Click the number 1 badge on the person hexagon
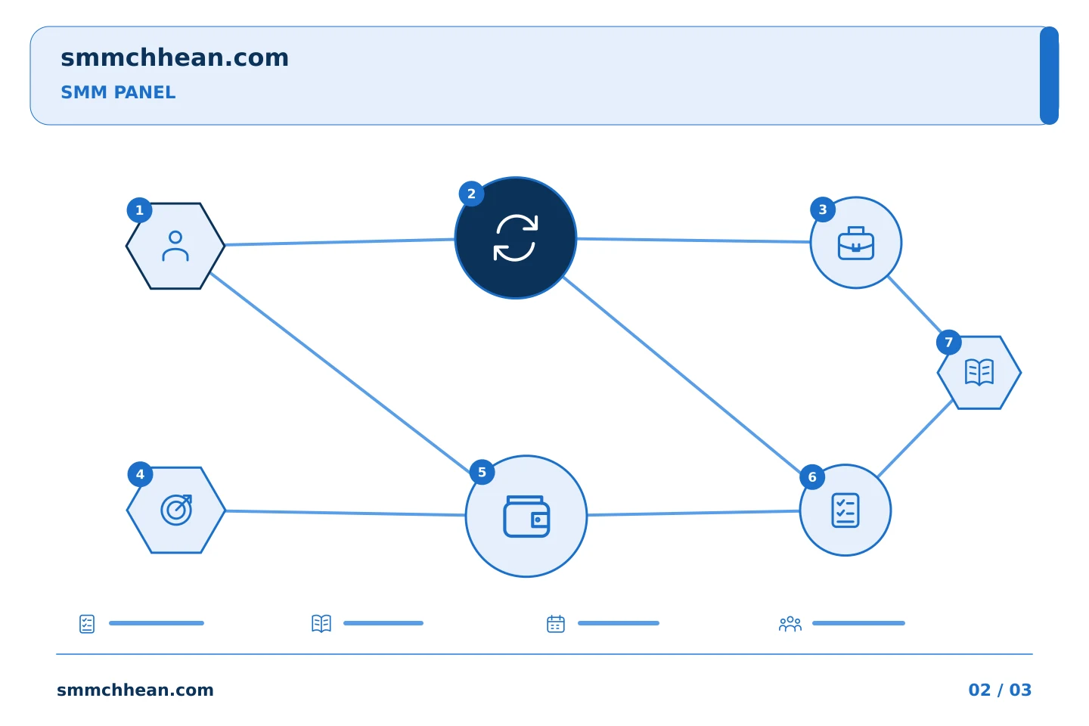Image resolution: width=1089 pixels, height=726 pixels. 139,210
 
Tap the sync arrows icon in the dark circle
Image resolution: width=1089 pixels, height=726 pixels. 516,237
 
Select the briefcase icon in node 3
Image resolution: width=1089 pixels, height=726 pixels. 856,244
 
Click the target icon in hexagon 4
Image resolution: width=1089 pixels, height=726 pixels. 176,510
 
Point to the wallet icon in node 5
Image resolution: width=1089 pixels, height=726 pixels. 526,517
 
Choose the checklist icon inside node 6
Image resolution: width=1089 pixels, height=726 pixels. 845,510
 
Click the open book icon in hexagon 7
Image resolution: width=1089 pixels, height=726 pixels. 979,373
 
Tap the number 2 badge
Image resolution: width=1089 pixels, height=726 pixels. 471,194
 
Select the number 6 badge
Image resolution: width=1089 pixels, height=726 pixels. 812,477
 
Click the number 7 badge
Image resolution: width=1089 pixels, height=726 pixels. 948,343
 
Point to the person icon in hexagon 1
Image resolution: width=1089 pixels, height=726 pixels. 175,246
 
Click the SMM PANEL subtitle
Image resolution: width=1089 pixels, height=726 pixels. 118,92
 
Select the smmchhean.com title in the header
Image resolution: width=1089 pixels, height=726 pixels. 175,57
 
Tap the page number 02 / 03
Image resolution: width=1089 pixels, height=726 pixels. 1000,690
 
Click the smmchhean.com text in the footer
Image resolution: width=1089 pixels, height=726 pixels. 135,690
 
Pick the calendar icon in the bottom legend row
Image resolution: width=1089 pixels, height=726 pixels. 556,623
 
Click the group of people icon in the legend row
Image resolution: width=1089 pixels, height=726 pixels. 790,623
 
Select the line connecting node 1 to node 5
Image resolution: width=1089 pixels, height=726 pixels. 340,373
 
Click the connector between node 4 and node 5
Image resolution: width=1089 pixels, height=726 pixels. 346,513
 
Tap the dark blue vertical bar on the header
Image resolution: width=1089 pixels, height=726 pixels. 1049,76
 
